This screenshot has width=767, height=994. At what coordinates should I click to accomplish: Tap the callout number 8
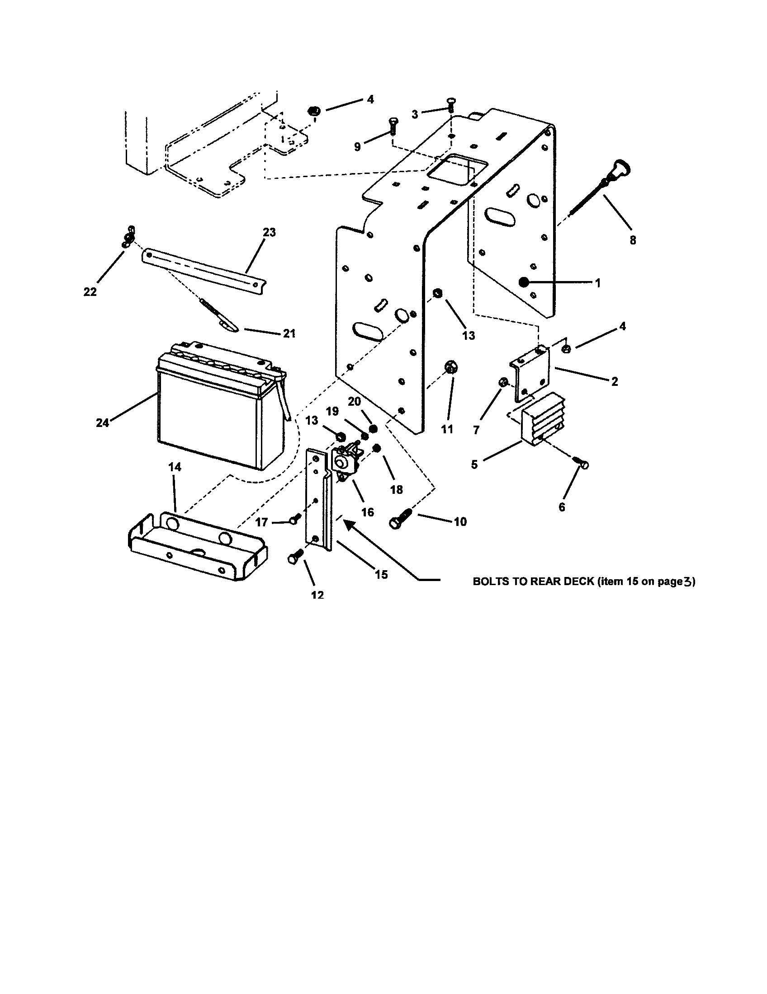[x=633, y=240]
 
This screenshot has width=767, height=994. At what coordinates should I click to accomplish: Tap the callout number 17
[x=261, y=522]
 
